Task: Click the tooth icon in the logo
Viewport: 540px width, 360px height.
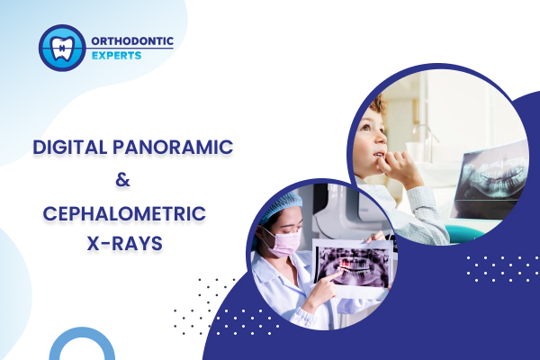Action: [62, 48]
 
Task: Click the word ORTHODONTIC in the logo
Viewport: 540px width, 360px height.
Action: [132, 41]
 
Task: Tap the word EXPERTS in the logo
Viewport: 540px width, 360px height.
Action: [116, 56]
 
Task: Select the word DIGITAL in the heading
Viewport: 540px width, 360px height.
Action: [70, 147]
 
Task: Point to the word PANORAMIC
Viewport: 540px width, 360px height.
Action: [173, 147]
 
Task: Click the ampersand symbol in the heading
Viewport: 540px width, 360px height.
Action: [123, 180]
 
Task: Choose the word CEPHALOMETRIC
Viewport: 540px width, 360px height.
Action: [124, 213]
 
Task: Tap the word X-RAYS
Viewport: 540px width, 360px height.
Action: [125, 244]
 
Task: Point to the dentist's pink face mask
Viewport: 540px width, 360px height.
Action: [283, 242]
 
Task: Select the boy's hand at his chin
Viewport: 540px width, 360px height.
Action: [399, 167]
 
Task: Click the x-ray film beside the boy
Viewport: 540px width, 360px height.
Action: [490, 180]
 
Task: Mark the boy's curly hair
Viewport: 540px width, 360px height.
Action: [377, 104]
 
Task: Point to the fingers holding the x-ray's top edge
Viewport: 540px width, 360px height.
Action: [375, 237]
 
